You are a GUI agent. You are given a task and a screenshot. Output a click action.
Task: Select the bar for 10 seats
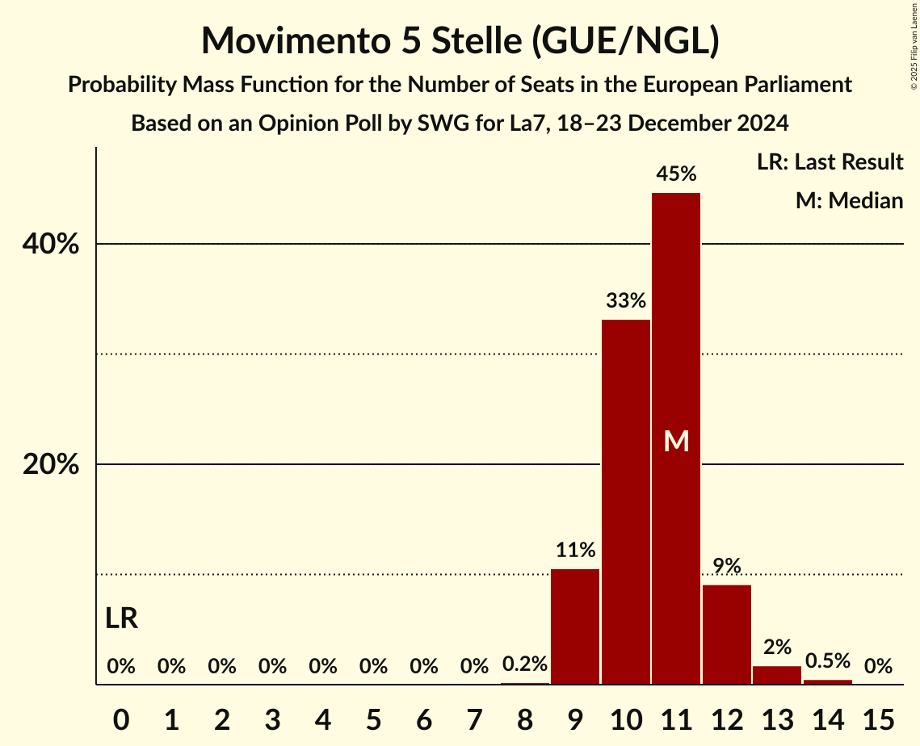(x=626, y=501)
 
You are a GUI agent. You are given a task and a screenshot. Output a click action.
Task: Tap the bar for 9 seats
(x=575, y=627)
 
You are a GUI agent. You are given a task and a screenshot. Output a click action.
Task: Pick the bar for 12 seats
(x=727, y=634)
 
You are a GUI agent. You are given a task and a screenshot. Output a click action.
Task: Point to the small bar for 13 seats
(x=777, y=675)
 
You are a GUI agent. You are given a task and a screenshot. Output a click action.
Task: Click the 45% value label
(x=676, y=174)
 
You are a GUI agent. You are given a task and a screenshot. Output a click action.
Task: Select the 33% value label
(x=626, y=301)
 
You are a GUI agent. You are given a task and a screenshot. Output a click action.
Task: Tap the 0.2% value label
(x=525, y=664)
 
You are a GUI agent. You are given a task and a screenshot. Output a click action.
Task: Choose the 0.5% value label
(x=828, y=661)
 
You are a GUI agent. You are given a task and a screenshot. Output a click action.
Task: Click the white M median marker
(x=676, y=441)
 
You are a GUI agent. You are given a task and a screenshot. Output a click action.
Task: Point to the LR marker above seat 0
(x=121, y=619)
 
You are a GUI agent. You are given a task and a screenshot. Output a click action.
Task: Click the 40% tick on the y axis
(x=50, y=244)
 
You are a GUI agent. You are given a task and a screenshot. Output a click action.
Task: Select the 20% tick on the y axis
(x=50, y=465)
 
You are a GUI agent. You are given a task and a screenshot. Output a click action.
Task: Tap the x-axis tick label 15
(x=878, y=717)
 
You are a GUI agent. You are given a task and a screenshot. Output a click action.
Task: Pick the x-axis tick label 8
(x=525, y=717)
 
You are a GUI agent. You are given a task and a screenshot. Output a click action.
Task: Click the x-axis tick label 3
(x=272, y=717)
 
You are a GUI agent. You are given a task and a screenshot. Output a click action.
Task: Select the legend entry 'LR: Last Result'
(x=830, y=162)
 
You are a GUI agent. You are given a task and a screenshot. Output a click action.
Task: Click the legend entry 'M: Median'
(x=849, y=200)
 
